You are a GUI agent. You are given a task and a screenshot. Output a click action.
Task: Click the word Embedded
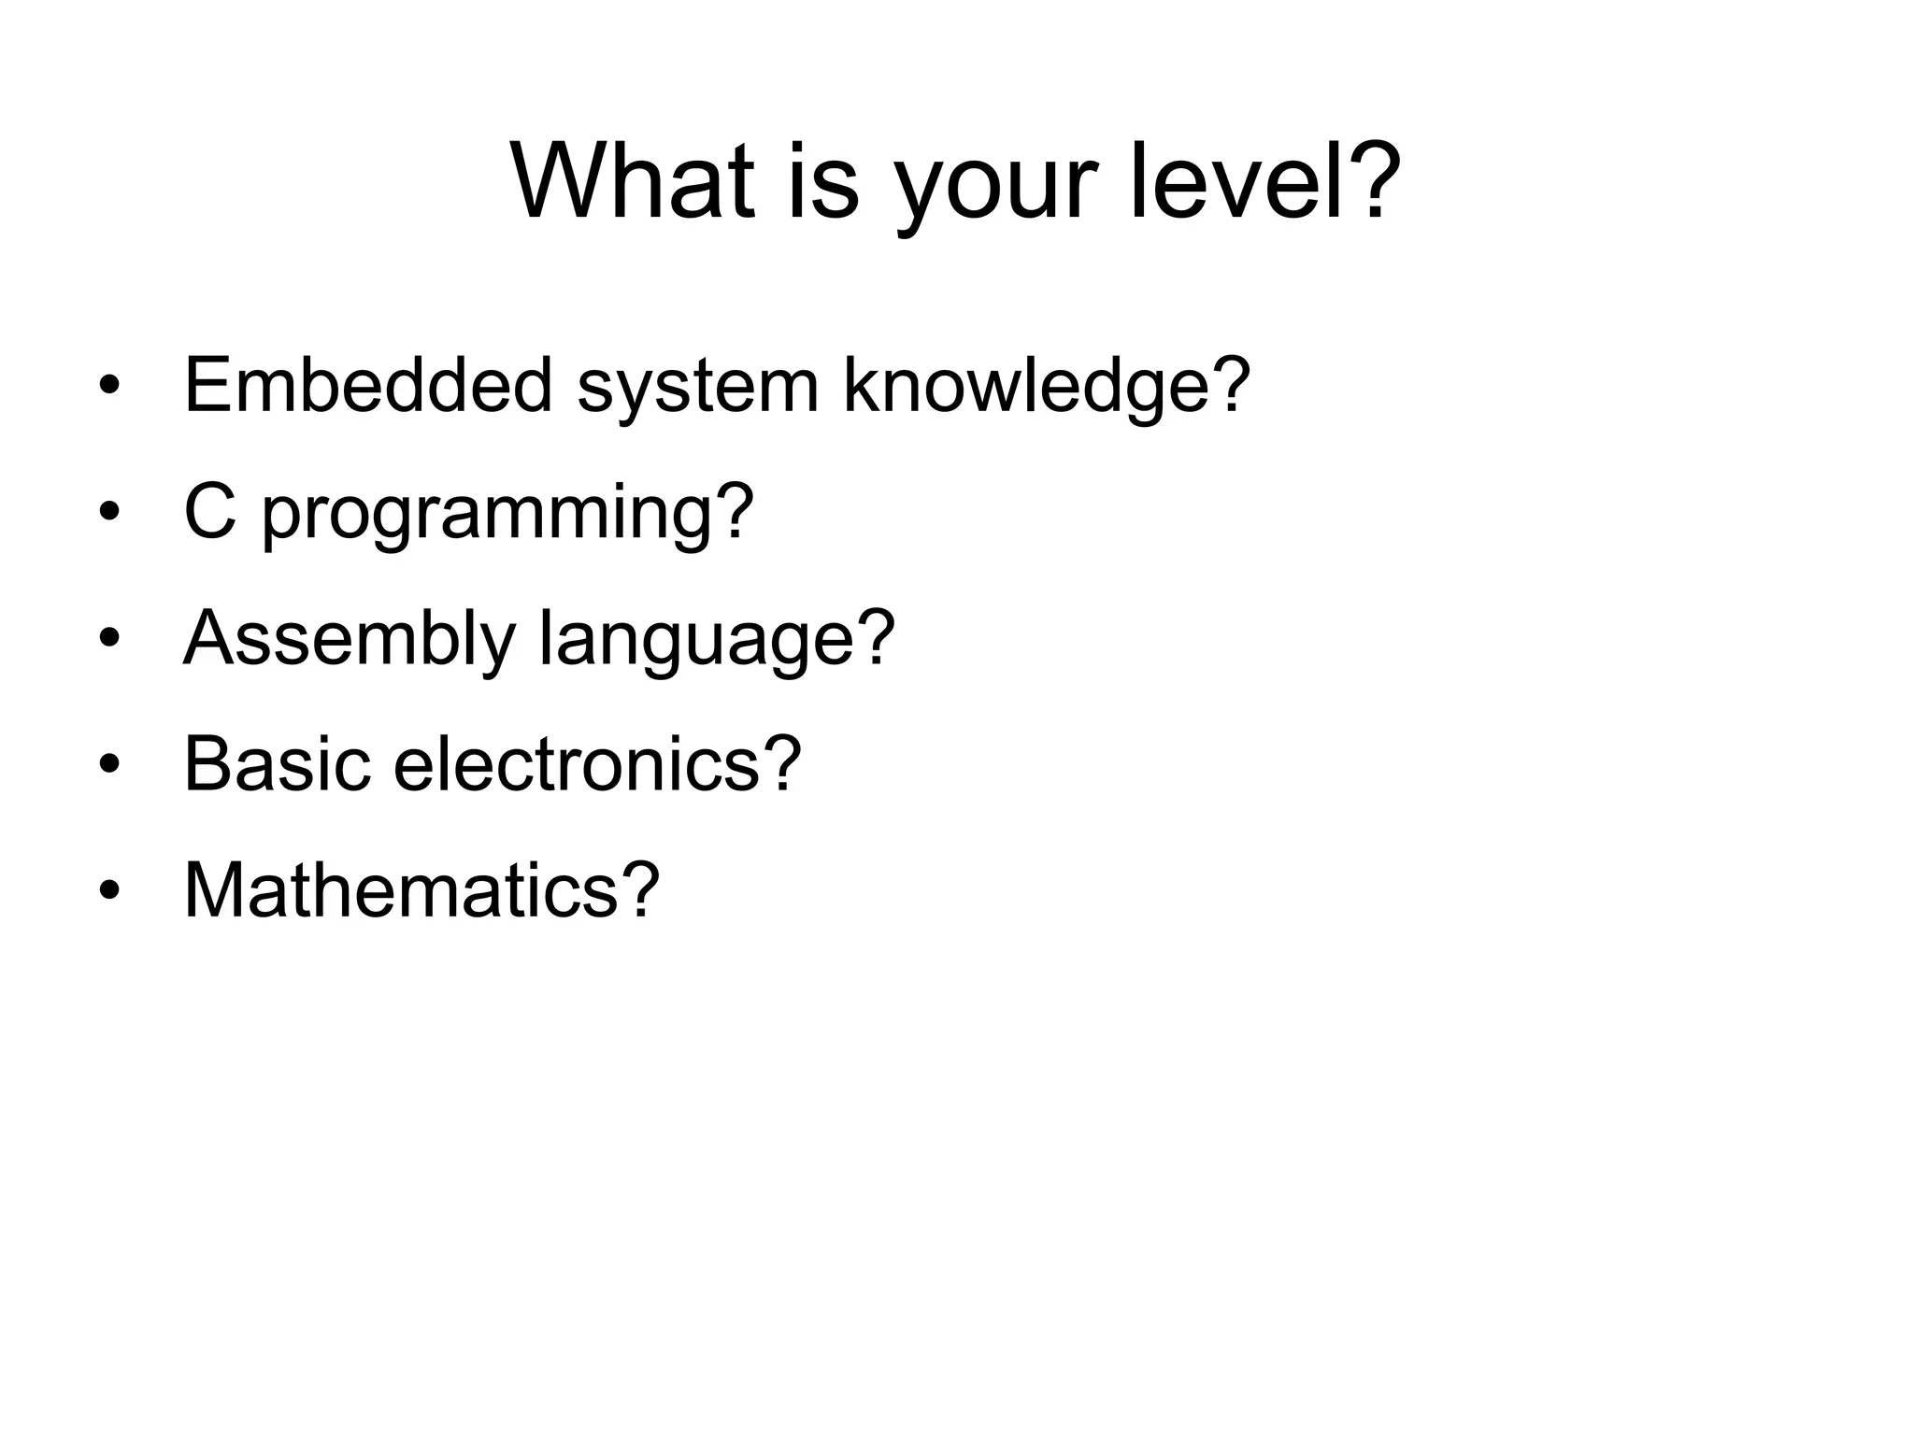pos(368,385)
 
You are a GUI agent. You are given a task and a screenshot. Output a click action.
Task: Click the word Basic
pos(277,763)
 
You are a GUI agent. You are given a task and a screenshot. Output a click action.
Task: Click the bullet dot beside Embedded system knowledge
pos(109,387)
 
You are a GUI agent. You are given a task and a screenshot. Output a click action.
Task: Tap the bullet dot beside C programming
pos(109,513)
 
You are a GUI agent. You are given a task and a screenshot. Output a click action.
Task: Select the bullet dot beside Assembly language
pos(109,639)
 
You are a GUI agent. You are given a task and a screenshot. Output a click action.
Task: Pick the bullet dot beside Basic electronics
pos(109,765)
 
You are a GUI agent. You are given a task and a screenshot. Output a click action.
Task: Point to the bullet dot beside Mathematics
pos(109,891)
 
